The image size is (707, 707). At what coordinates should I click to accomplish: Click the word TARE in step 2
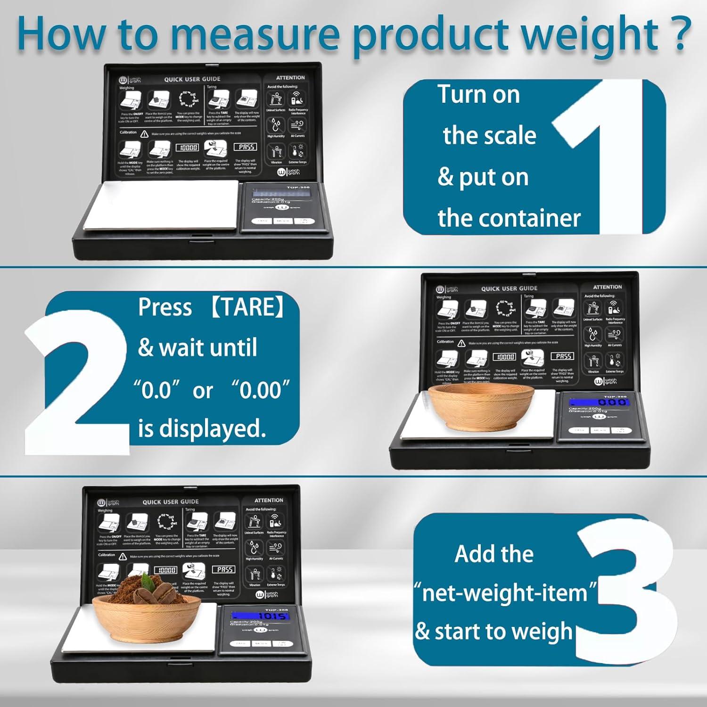(247, 307)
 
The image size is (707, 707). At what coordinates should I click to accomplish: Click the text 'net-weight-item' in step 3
(505, 592)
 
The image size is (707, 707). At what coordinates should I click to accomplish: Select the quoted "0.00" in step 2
(260, 390)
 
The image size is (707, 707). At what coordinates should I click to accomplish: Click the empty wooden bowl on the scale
(483, 405)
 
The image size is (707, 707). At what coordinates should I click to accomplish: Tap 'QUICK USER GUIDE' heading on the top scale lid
(192, 79)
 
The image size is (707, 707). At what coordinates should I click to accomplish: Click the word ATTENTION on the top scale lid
(290, 78)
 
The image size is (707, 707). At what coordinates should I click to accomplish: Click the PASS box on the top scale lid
(246, 147)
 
